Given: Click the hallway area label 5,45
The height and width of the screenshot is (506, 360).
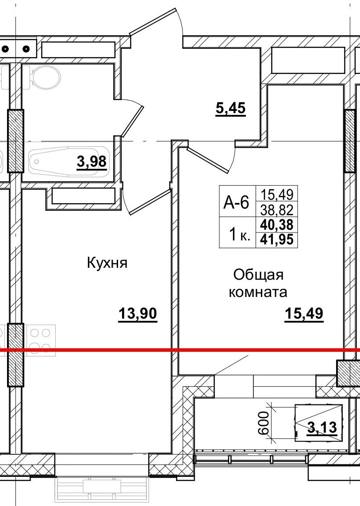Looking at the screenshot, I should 230,108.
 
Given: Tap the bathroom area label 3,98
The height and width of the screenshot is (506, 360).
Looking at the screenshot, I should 92,162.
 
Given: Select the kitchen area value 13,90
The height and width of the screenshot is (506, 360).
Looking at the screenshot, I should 138,314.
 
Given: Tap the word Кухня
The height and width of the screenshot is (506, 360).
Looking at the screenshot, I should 107,264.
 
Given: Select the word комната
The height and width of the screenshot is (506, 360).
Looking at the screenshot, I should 258,292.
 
